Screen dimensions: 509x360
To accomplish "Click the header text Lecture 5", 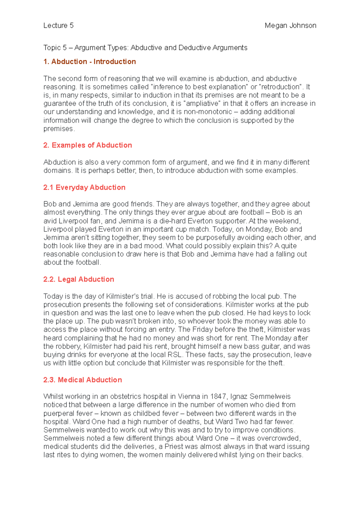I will pos(58,25).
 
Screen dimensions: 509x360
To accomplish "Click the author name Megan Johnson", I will pos(290,25).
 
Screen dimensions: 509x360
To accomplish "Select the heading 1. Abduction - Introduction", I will pos(89,61).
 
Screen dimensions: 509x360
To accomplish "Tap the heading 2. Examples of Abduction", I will pos(87,145).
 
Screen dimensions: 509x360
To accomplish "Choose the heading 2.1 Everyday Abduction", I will pos(84,187).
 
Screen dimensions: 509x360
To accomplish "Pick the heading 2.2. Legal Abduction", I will pos(78,279).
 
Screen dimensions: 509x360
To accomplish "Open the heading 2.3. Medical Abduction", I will pos(82,380).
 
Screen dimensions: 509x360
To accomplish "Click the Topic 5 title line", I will pos(145,48).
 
